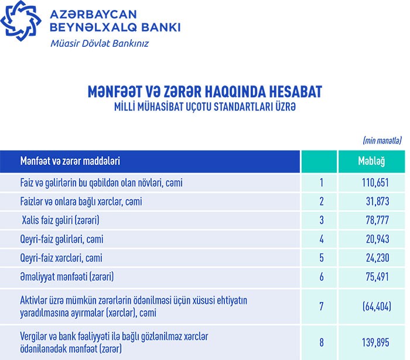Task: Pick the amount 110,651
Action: (x=375, y=183)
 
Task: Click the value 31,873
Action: (x=377, y=202)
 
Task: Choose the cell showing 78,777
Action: (x=377, y=221)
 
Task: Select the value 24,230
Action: (x=377, y=258)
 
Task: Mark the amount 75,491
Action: (x=377, y=276)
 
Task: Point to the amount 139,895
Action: (x=375, y=342)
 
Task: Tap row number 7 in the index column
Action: (x=322, y=306)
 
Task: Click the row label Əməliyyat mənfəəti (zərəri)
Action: (x=66, y=276)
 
